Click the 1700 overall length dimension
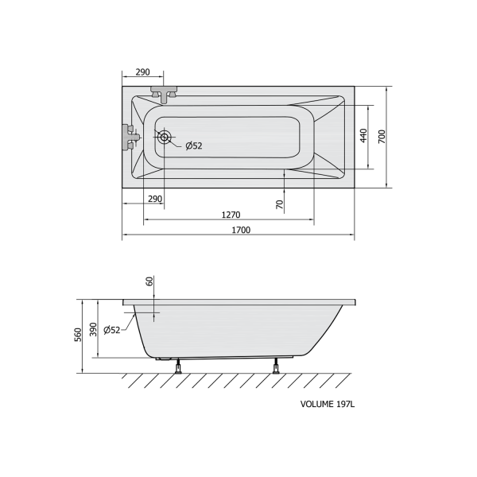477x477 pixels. coord(241,230)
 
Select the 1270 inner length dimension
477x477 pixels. coord(231,215)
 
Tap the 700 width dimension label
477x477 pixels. coord(382,137)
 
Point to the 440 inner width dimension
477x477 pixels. coord(363,136)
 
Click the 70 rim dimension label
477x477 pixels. coord(280,204)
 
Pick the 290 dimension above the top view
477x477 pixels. coord(142,72)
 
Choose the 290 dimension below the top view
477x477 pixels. coord(155,199)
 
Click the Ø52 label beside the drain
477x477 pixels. coord(194,146)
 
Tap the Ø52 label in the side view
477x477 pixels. coord(112,330)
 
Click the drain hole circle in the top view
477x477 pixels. coord(165,137)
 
